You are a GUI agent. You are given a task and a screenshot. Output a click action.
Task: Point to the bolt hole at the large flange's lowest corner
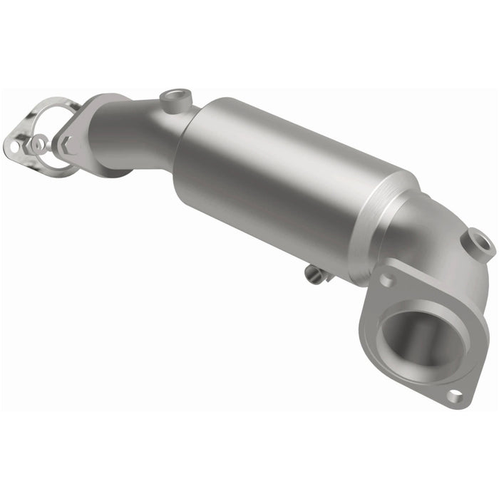(453, 394)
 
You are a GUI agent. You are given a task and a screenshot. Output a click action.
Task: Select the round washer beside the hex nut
(40, 143)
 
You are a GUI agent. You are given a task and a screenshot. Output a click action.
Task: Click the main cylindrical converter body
(285, 185)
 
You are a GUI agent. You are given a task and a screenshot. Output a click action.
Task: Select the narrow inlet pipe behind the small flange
(135, 135)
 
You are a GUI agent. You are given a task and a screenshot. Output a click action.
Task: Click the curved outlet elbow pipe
(442, 242)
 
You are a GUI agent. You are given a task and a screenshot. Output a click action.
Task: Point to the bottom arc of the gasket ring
(61, 173)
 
